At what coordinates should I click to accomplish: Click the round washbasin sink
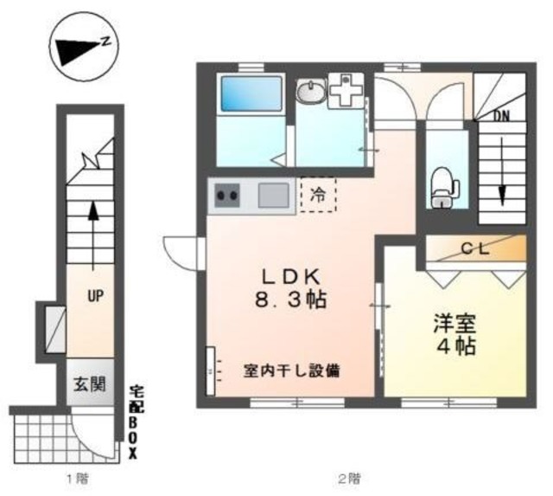click(310, 90)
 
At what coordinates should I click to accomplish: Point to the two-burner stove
click(228, 196)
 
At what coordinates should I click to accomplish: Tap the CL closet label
click(474, 248)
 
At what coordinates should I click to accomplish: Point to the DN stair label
click(502, 113)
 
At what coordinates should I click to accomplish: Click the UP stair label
click(95, 296)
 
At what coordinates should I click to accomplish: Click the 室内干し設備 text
click(291, 371)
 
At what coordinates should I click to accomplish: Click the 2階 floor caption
click(348, 478)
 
